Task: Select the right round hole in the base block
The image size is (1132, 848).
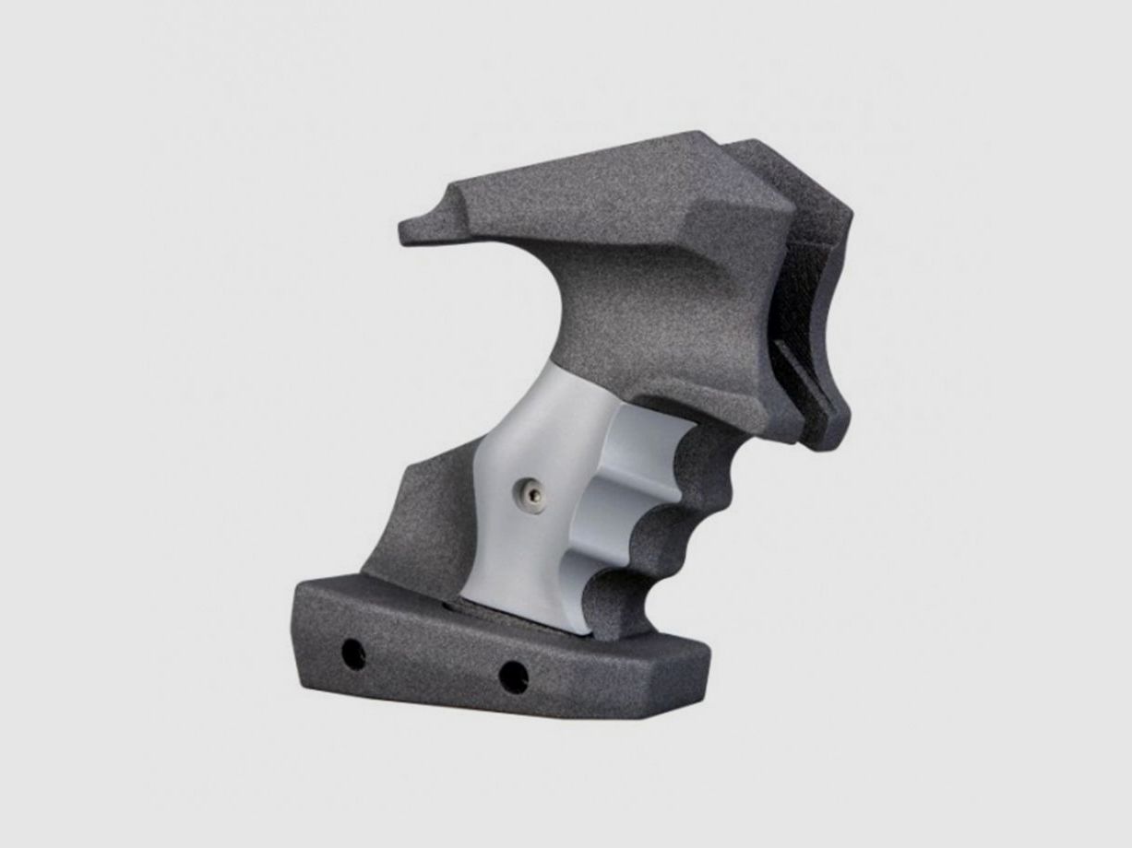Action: [513, 677]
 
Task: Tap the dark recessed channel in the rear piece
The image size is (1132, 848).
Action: [812, 304]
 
